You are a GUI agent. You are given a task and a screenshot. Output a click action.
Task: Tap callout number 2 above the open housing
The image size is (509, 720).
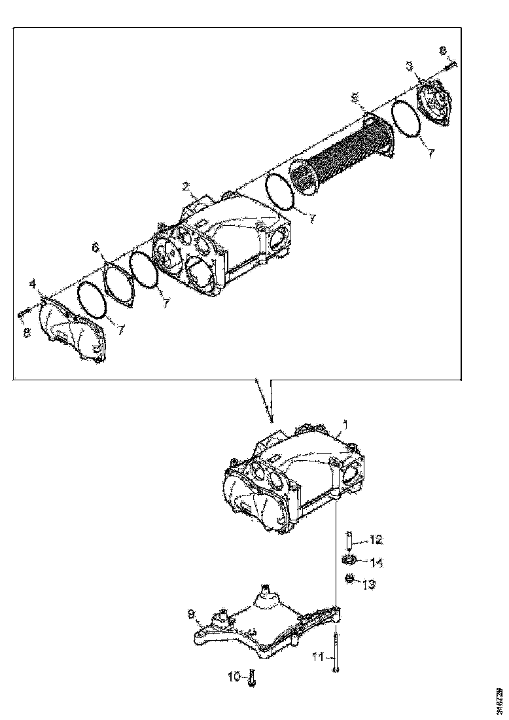pyautogui.click(x=186, y=187)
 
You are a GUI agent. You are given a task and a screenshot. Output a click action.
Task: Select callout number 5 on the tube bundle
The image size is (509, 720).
pyautogui.click(x=355, y=98)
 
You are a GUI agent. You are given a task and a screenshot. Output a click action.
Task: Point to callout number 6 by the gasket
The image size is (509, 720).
pyautogui.click(x=96, y=247)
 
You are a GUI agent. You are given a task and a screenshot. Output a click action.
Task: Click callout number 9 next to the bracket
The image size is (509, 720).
pyautogui.click(x=192, y=613)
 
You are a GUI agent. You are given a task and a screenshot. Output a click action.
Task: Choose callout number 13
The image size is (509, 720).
pyautogui.click(x=369, y=584)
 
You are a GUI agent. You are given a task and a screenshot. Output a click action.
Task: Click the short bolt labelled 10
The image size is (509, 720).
pyautogui.click(x=253, y=677)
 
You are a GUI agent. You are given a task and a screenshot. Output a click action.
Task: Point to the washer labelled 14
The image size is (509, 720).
pyautogui.click(x=349, y=560)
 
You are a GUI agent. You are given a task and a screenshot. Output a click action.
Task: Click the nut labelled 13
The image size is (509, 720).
pyautogui.click(x=351, y=578)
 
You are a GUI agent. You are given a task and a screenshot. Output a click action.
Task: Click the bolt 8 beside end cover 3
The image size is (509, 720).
pyautogui.click(x=451, y=63)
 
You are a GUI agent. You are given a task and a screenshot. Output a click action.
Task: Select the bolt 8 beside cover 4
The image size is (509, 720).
pyautogui.click(x=23, y=315)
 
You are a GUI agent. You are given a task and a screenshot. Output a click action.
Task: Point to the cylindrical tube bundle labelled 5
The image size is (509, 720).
pyautogui.click(x=340, y=154)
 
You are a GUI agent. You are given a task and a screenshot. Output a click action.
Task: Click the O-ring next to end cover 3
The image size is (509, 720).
pyautogui.click(x=406, y=120)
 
